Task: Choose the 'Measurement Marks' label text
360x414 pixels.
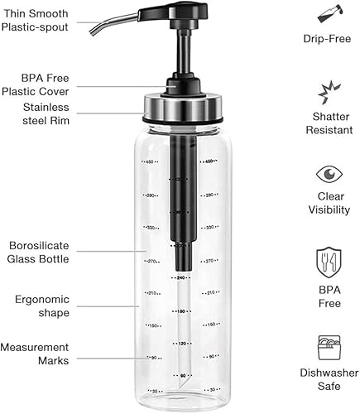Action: (35, 354)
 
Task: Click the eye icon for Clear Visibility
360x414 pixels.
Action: (329, 175)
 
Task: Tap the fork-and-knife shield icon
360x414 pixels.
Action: (329, 262)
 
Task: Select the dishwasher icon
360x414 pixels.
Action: (329, 348)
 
